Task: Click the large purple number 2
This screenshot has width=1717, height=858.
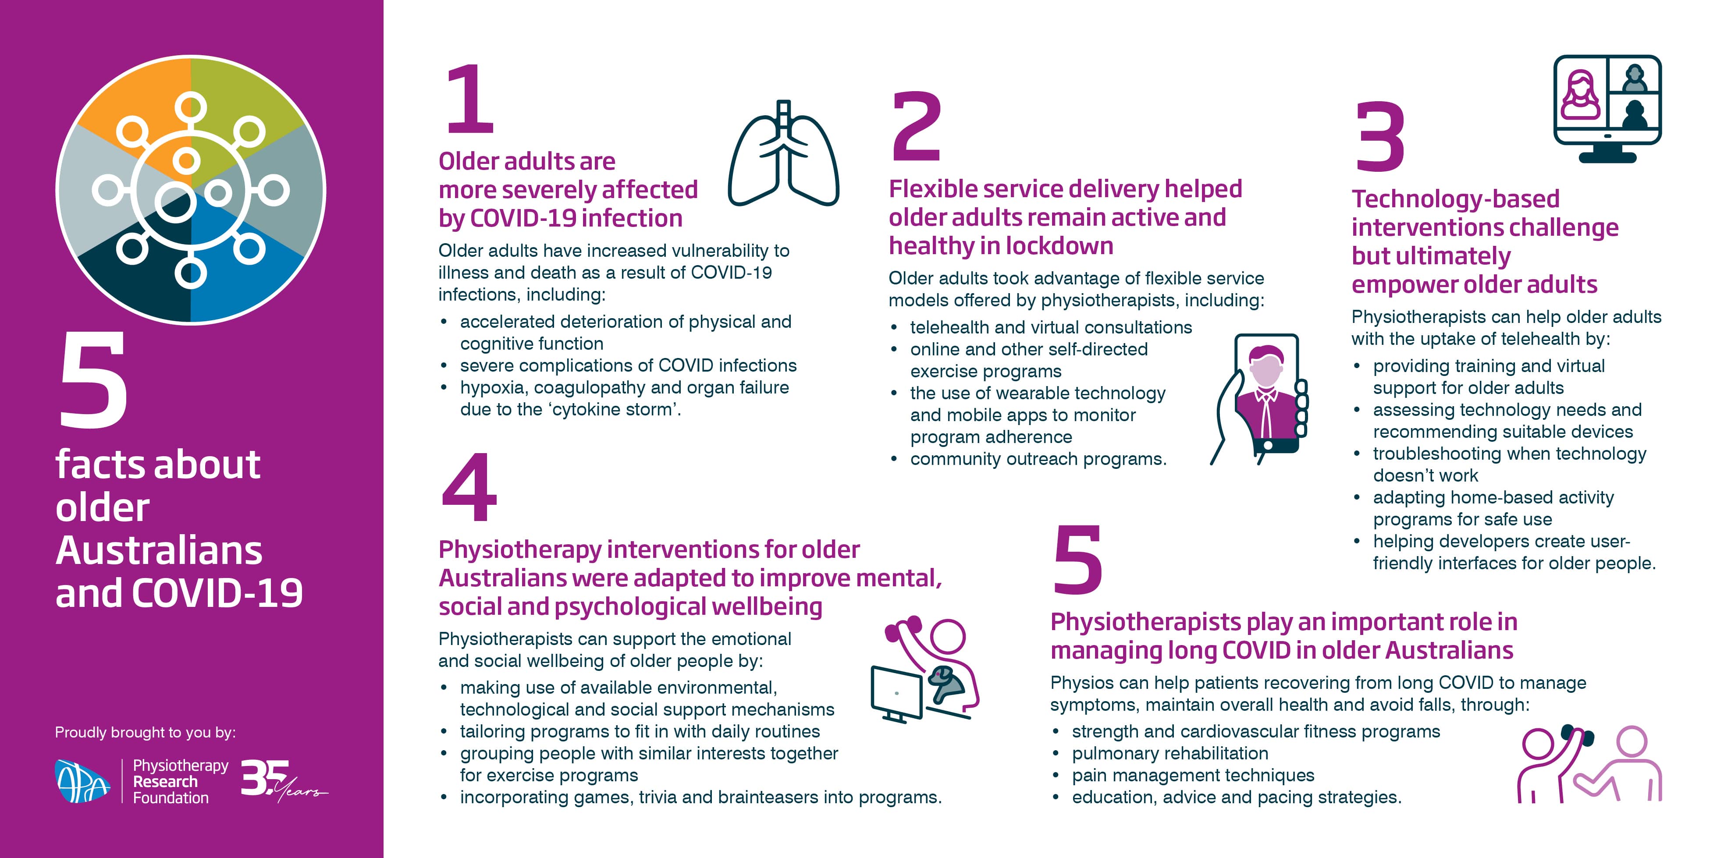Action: click(917, 127)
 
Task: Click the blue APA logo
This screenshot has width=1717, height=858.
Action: click(82, 781)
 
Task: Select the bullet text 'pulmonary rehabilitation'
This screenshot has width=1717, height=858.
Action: click(1170, 753)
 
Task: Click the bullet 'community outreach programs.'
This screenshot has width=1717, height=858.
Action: click(1038, 459)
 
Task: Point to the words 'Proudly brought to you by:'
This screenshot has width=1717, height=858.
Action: click(145, 733)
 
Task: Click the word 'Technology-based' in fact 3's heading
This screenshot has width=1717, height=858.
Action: click(1455, 199)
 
